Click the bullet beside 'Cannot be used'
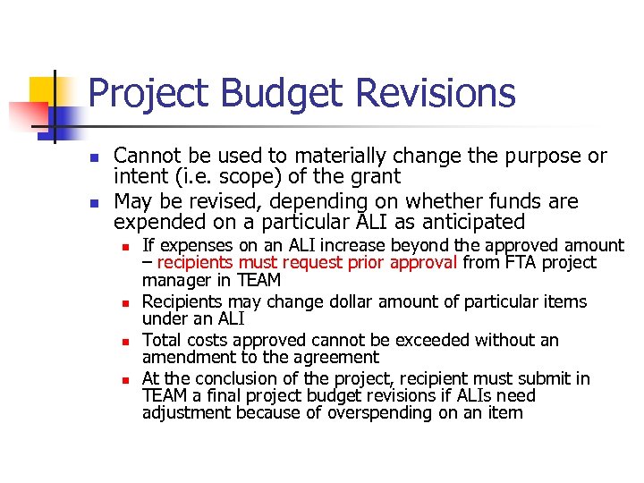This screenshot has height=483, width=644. pos(94,157)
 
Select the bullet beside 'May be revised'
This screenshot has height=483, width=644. pos(94,201)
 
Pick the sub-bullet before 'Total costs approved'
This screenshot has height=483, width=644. pos(128,341)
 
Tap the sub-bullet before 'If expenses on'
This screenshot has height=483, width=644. pos(128,246)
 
